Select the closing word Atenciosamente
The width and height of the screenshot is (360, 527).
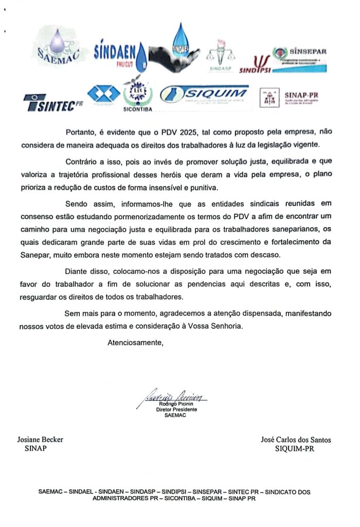[x=135, y=342]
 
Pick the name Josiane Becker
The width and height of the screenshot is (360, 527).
[x=40, y=440]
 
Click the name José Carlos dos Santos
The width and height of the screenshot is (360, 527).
[x=296, y=440]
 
